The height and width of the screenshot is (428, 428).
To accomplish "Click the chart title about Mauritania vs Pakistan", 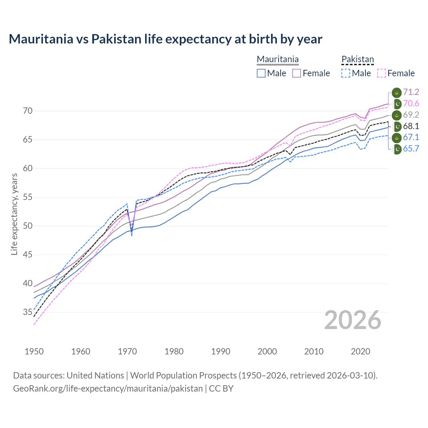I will click(x=165, y=39).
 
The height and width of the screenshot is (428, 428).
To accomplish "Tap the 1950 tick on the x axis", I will click(x=34, y=351).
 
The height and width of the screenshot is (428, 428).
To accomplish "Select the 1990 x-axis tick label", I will click(x=221, y=351).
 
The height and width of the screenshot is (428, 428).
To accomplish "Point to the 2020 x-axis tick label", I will click(x=360, y=351).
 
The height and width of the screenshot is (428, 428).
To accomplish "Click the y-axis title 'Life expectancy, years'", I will click(x=14, y=214).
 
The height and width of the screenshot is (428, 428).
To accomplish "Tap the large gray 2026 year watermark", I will click(x=352, y=320).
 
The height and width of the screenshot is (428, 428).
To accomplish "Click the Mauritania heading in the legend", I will click(x=278, y=60).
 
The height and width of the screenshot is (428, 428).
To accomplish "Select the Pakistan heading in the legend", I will click(x=357, y=60).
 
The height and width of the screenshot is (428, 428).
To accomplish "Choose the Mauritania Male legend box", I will click(x=261, y=73).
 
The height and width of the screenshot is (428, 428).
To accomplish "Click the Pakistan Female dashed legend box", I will click(x=382, y=73).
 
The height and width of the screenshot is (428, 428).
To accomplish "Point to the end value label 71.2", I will click(x=411, y=92).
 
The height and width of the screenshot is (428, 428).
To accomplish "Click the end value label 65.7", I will click(x=411, y=149).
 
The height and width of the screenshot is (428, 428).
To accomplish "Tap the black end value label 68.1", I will click(x=411, y=126).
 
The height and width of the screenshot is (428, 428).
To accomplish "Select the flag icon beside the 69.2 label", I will click(x=397, y=115).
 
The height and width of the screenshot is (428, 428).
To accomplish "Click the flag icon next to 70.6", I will click(x=397, y=104).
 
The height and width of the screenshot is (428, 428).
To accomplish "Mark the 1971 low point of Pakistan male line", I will click(x=132, y=236).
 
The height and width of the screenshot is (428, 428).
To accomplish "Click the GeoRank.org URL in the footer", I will click(x=108, y=389).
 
